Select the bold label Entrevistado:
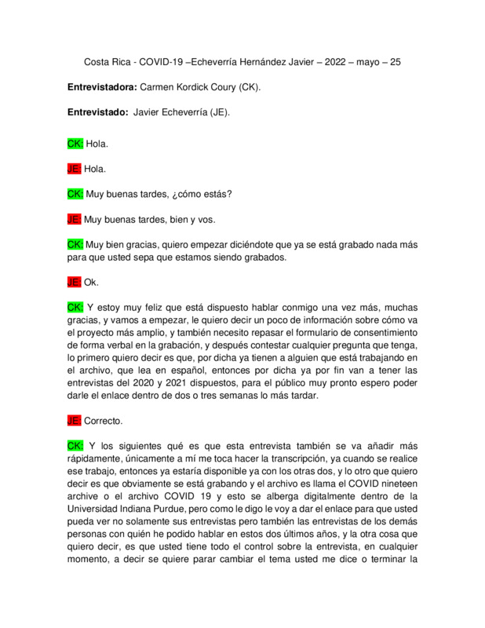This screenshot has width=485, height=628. (98, 112)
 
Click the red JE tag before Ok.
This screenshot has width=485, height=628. (75, 281)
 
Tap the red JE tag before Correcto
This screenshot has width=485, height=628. (75, 420)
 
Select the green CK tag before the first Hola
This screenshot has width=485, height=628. (75, 144)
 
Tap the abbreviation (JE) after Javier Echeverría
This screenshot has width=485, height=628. (214, 112)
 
